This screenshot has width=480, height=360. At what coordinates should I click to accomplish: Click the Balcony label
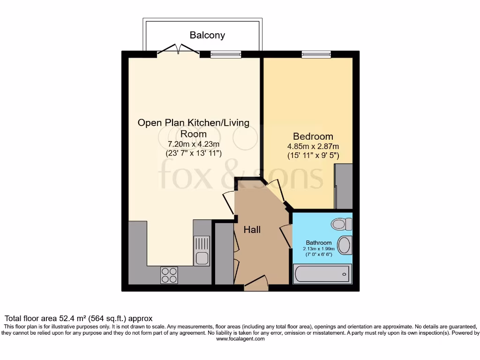click(207, 35)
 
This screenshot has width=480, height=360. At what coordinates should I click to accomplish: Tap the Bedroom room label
click(313, 136)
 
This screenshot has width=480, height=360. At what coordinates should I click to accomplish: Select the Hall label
click(252, 230)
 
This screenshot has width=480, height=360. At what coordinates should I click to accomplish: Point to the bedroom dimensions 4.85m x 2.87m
click(313, 146)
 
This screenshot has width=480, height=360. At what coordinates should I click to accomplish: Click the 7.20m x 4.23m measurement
click(193, 144)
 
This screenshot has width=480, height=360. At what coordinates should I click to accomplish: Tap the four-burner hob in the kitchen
click(169, 274)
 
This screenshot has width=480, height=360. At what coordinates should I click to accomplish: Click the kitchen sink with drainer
click(202, 250)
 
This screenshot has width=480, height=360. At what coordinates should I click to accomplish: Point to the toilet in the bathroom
click(341, 224)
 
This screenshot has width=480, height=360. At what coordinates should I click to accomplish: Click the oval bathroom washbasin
click(345, 245)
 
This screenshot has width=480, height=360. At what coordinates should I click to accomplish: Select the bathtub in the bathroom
click(322, 274)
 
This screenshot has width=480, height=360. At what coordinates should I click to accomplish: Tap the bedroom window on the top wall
click(316, 54)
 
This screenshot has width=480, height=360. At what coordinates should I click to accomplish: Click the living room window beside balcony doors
click(226, 54)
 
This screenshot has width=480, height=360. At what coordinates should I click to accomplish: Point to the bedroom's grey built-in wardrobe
click(344, 187)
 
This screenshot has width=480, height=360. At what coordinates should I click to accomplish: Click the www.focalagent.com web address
click(240, 338)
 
